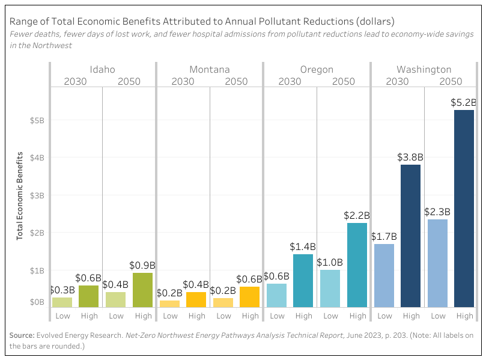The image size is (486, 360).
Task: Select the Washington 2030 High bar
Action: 411,236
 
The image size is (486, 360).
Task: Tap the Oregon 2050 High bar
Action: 357,265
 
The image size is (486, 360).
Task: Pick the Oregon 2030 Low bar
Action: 276,295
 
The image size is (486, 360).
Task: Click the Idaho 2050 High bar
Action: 142,290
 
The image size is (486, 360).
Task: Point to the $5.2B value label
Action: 464,103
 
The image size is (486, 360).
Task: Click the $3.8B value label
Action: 411,157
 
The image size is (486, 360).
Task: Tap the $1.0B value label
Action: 330,263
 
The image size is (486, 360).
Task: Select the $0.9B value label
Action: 143,265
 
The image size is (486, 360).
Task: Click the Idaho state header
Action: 102,70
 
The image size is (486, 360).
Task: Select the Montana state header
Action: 209,70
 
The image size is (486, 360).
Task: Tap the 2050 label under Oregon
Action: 344,81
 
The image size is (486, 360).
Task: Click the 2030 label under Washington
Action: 397,81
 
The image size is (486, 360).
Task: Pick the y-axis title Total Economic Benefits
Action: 19,196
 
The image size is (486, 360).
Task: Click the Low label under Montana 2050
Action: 223,316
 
